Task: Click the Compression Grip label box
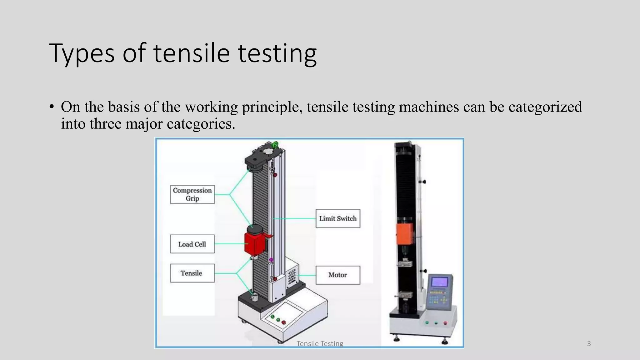(192, 194)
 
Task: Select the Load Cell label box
(192, 244)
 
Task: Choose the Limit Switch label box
(338, 218)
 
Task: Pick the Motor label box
(338, 275)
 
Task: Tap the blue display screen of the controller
(440, 282)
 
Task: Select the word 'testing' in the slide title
(277, 54)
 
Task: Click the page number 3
(589, 344)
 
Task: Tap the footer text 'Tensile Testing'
(320, 344)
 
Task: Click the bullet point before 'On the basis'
(52, 107)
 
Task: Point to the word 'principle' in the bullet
(272, 107)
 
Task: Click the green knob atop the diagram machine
(275, 145)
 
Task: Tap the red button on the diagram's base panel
(283, 322)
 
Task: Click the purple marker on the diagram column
(271, 260)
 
